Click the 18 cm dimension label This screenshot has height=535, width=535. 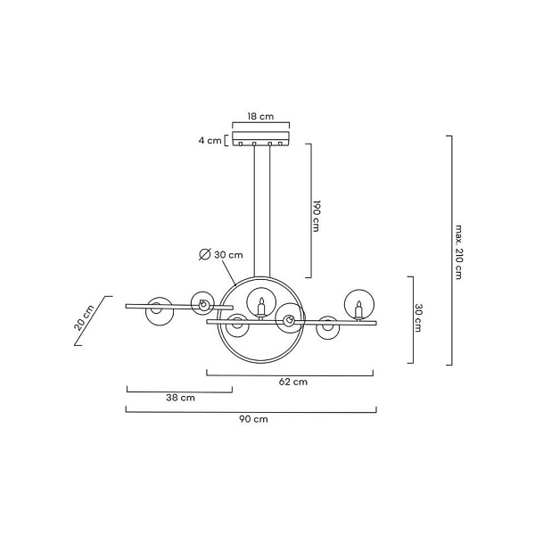pyautogui.click(x=260, y=116)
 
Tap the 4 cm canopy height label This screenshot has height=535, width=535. pyautogui.click(x=210, y=140)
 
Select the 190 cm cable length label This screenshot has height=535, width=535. pyautogui.click(x=316, y=216)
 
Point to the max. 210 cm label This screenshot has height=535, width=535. pyautogui.click(x=458, y=251)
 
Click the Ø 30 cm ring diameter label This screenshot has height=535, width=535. pyautogui.click(x=221, y=254)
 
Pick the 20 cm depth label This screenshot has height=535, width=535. pyautogui.click(x=84, y=318)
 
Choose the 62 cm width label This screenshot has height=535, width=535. pyautogui.click(x=293, y=382)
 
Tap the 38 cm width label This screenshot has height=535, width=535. pyautogui.click(x=180, y=398)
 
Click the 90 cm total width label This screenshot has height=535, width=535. pyautogui.click(x=253, y=419)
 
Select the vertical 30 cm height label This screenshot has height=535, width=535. pyautogui.click(x=418, y=317)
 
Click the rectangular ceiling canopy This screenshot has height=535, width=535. pyautogui.click(x=261, y=139)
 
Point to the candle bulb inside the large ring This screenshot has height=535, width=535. pyautogui.click(x=261, y=307)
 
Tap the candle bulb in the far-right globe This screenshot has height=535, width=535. pyautogui.click(x=358, y=309)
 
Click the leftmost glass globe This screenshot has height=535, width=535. pyautogui.click(x=160, y=311)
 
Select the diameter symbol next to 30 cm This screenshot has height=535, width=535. pyautogui.click(x=205, y=254)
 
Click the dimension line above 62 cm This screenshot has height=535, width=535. pyautogui.click(x=290, y=375)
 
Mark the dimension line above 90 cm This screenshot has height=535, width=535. pyautogui.click(x=251, y=412)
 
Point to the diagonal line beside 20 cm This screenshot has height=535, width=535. pyautogui.click(x=93, y=321)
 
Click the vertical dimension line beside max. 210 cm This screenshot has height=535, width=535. pyautogui.click(x=452, y=251)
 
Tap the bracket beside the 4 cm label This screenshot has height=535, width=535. pyautogui.click(x=226, y=141)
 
